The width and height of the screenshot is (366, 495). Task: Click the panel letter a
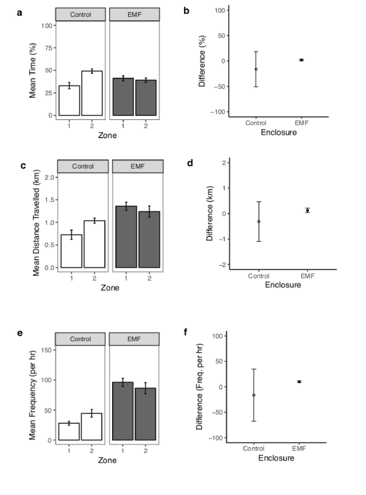point(20,13)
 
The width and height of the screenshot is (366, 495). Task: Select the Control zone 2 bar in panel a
point(92,93)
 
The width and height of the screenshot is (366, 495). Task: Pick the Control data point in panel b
point(256,69)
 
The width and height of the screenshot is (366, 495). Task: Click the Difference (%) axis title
point(202,62)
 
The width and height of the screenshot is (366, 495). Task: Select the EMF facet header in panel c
point(138,167)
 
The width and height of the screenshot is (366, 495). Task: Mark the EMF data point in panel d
point(307,210)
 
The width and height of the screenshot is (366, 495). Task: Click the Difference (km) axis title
point(210,213)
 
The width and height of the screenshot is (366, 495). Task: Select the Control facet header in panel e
point(81,339)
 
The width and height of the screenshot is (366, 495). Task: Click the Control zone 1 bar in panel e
point(69,432)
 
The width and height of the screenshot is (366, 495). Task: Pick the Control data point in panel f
point(254,395)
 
